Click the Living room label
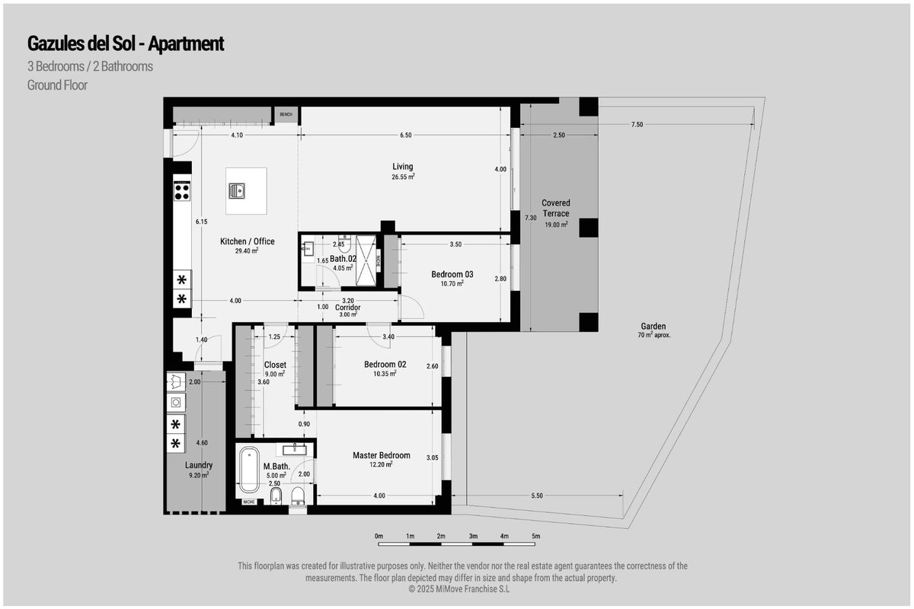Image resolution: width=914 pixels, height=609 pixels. pos(403,167)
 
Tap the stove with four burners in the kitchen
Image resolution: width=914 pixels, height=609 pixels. pos(182,192)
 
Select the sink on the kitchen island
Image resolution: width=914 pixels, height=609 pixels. pos(237,190)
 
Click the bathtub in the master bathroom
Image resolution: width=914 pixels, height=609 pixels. pos(249,470)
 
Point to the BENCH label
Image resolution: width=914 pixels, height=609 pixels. pos(286,115)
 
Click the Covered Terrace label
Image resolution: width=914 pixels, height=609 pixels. pos(556,208)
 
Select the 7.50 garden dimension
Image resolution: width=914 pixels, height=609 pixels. pos(637,124)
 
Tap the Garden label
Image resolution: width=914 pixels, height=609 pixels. pos(654,326)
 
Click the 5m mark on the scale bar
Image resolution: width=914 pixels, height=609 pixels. pos(535,536)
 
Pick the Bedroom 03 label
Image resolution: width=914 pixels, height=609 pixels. pos(452,274)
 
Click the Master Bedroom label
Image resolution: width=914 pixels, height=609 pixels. pos(382,455)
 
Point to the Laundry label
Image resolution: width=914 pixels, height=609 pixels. pos(199,465)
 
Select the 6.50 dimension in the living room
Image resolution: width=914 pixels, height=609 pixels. pos(405,135)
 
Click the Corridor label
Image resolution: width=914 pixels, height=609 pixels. pos(347,307)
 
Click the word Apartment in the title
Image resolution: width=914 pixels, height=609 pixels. pos(186,44)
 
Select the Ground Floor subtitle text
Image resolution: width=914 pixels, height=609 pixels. pos(57,85)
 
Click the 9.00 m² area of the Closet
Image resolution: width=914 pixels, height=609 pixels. pos(275,374)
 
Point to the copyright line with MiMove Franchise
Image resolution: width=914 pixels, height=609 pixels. pos(459,589)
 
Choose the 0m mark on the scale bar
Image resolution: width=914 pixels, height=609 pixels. pos(379,536)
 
